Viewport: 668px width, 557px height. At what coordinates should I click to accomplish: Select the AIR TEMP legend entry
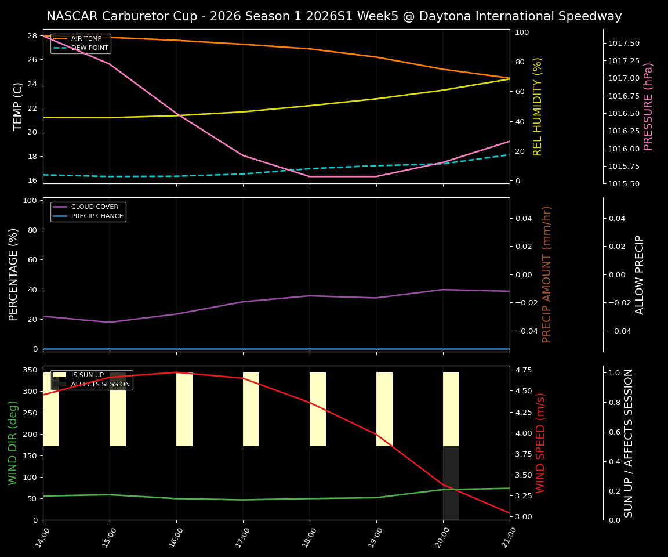[x=86, y=39]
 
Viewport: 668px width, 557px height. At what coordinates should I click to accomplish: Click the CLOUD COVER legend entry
[x=95, y=207]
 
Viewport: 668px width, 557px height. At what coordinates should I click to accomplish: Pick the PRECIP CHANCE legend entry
[x=97, y=216]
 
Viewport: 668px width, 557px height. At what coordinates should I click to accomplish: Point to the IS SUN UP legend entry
[x=87, y=375]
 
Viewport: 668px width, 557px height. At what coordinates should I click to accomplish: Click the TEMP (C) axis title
[x=19, y=106]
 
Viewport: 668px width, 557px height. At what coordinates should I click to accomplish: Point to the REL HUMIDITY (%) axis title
[x=538, y=106]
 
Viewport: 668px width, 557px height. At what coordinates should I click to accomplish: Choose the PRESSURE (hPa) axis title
[x=648, y=106]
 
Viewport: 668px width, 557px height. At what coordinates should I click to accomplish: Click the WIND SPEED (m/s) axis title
[x=540, y=443]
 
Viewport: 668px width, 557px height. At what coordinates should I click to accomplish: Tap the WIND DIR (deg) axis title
[x=13, y=443]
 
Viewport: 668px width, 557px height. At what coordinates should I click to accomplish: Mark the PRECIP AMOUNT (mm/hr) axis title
[x=547, y=274]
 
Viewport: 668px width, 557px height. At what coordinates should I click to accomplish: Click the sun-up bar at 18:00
[x=318, y=409]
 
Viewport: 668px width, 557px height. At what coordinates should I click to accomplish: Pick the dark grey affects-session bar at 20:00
[x=451, y=483]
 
